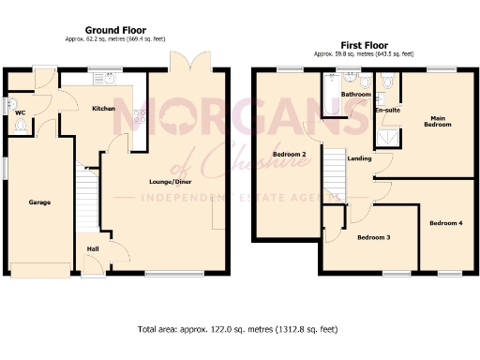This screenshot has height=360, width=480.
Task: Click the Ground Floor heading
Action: click(x=114, y=30)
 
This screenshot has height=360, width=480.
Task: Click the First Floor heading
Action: click(x=364, y=30)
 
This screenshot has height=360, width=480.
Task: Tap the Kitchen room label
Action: click(x=103, y=109)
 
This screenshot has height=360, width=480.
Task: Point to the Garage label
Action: click(x=39, y=202)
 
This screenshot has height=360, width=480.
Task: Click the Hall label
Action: click(x=92, y=248)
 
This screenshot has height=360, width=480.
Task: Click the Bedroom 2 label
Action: click(x=289, y=154)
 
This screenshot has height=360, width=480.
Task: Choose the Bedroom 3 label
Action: click(x=373, y=237)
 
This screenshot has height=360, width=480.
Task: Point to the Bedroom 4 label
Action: click(x=445, y=222)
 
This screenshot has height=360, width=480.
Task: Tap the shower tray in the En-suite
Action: click(x=386, y=139)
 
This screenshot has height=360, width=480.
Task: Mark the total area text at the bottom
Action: click(x=237, y=330)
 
